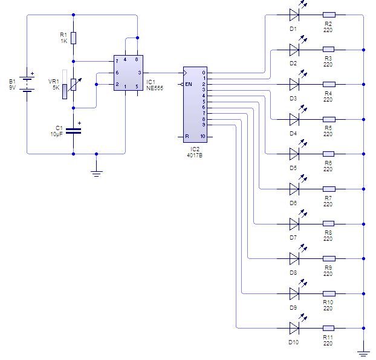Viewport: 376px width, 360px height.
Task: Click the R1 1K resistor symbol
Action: (73, 38)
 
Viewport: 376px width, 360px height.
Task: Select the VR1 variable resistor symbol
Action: (74, 85)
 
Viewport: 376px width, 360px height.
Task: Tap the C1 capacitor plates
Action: (73, 131)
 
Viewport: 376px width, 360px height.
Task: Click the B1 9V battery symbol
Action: (27, 83)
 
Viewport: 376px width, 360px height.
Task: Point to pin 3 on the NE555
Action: (140, 73)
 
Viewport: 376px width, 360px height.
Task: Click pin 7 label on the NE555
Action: (117, 61)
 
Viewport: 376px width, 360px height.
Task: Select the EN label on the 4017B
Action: (189, 84)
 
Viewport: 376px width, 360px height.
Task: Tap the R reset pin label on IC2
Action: (187, 136)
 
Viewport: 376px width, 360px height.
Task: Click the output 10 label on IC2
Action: (203, 136)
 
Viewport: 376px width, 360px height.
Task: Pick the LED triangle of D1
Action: (294, 15)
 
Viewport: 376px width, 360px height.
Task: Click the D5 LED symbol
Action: (297, 150)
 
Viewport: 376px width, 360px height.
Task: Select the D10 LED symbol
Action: (297, 324)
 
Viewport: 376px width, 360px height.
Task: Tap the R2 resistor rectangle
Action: (329, 15)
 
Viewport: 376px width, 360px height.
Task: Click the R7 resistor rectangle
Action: (329, 189)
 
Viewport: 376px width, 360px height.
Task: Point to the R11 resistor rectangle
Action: (328, 328)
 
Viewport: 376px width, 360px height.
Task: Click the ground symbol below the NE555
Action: (96, 174)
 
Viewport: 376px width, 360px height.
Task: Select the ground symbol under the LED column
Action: (363, 354)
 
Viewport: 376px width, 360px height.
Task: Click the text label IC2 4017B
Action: (195, 152)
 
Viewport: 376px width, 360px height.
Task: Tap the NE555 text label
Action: (155, 88)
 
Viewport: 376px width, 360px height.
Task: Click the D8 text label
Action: (293, 273)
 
